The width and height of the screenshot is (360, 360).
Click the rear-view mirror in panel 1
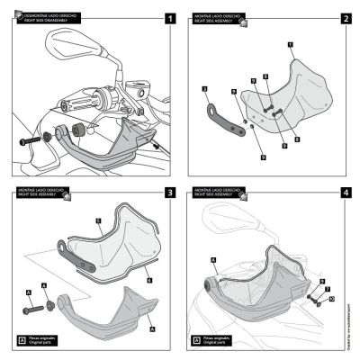coord(68,40)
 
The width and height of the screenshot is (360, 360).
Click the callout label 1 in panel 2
coord(290,44)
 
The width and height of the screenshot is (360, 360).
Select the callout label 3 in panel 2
coord(205,89)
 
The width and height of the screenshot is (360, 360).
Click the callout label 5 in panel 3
coord(98,219)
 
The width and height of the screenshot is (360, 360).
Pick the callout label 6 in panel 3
coord(148,280)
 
